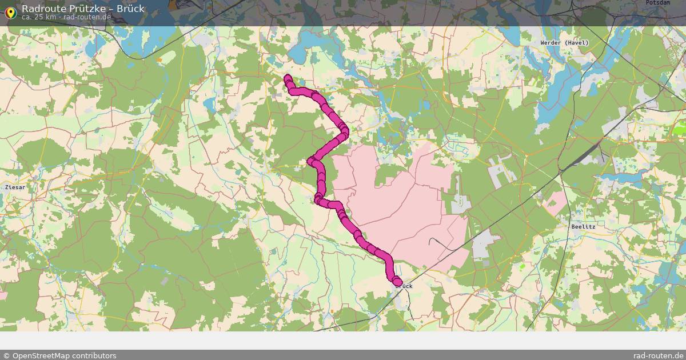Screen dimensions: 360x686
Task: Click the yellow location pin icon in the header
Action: click(x=10, y=11)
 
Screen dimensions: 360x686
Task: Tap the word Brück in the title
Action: click(x=131, y=9)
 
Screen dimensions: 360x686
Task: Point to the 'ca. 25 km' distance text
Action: click(x=39, y=17)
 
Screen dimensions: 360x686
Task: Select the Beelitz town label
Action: click(x=583, y=227)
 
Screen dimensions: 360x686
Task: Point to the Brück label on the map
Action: click(x=404, y=286)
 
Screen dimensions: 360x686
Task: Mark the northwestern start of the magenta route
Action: click(x=288, y=78)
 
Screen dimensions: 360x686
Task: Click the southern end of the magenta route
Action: click(x=397, y=281)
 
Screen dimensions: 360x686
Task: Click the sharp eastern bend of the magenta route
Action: click(x=344, y=133)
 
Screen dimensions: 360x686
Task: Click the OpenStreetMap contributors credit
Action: click(x=59, y=355)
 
